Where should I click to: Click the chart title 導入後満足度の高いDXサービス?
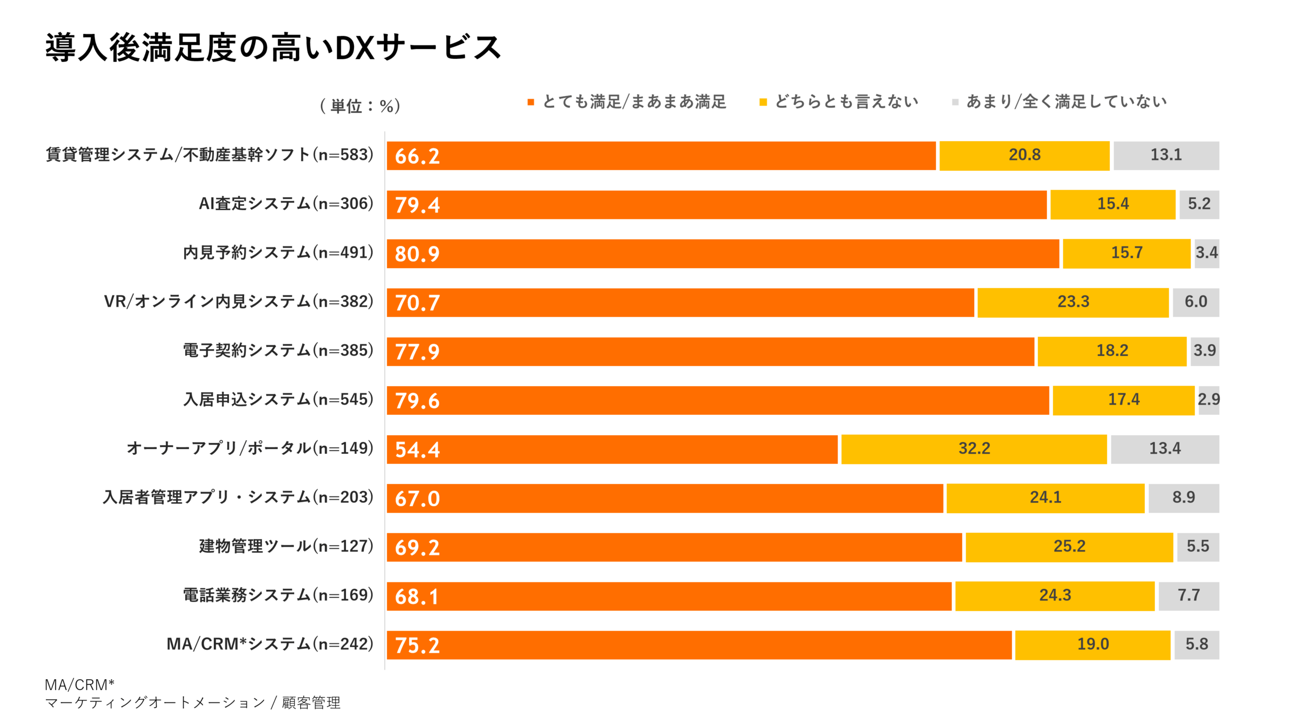[x=273, y=48]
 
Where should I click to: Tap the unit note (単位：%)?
[x=360, y=106]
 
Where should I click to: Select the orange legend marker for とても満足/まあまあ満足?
[x=531, y=102]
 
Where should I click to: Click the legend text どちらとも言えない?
[x=846, y=102]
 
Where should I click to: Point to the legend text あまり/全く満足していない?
[x=1066, y=102]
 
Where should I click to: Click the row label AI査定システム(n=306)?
[x=286, y=204]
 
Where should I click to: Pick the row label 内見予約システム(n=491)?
[x=278, y=253]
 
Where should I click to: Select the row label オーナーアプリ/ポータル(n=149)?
[x=250, y=448]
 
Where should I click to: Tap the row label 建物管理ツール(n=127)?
[x=286, y=546]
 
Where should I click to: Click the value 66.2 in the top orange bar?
[x=417, y=156]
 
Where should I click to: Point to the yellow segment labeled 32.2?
[x=974, y=449]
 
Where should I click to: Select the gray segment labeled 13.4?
[x=1164, y=449]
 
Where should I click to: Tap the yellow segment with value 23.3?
[x=1073, y=302]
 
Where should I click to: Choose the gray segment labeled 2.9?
[x=1208, y=400]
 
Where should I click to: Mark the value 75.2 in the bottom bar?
[x=417, y=645]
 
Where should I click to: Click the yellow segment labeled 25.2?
[x=1069, y=547]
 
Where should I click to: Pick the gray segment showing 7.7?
[x=1188, y=595]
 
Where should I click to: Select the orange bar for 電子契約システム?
[x=710, y=351]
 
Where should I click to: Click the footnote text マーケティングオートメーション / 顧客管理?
[x=193, y=703]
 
